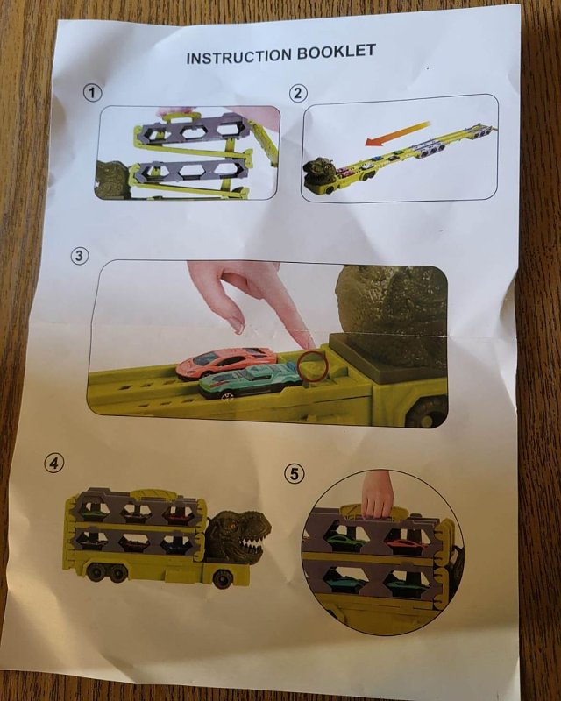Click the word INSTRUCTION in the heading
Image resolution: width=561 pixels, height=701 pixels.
coord(239,56)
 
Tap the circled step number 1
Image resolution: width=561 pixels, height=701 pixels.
coord(92,93)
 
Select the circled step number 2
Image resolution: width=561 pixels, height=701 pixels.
coord(298,94)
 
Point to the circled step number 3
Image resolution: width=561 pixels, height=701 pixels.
coord(79,256)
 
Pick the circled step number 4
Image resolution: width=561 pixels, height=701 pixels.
coord(53,464)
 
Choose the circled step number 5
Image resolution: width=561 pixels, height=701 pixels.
coord(294,473)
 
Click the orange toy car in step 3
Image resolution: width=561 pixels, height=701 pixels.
coord(226,361)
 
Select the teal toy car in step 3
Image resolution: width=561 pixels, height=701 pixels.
coord(251,380)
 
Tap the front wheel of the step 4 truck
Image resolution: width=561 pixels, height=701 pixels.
coord(223,578)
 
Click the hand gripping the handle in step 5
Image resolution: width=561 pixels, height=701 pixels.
coord(377,495)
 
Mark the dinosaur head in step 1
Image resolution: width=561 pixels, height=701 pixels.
coord(112,181)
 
